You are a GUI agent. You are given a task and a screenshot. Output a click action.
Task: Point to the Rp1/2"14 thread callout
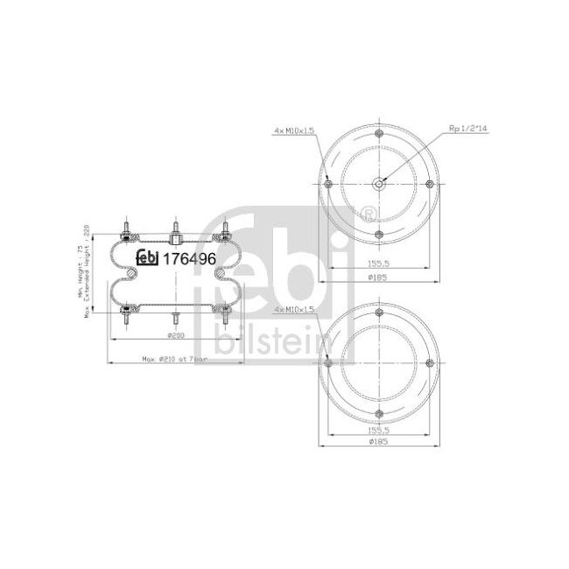click(x=467, y=128)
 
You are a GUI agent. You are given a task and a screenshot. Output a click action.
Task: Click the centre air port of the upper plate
click(x=378, y=183)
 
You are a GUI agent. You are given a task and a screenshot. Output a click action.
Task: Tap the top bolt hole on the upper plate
click(x=378, y=133)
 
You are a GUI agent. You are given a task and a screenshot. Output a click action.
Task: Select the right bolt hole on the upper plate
click(x=429, y=183)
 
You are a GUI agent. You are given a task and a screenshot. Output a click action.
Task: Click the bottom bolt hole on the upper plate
click(x=378, y=234)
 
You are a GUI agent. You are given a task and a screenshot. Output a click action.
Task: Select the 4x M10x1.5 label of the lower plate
click(x=293, y=311)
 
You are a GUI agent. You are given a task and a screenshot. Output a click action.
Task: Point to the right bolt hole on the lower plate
click(x=429, y=363)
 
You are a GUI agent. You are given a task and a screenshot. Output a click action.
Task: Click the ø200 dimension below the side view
click(x=174, y=337)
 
